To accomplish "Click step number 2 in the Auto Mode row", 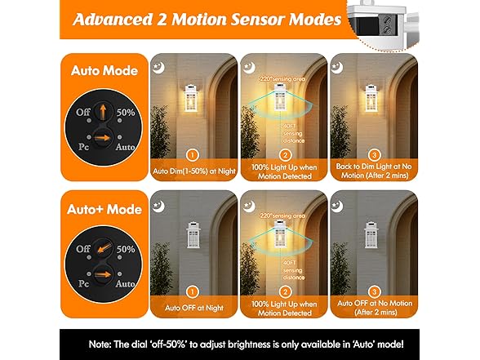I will [x=284, y=155].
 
